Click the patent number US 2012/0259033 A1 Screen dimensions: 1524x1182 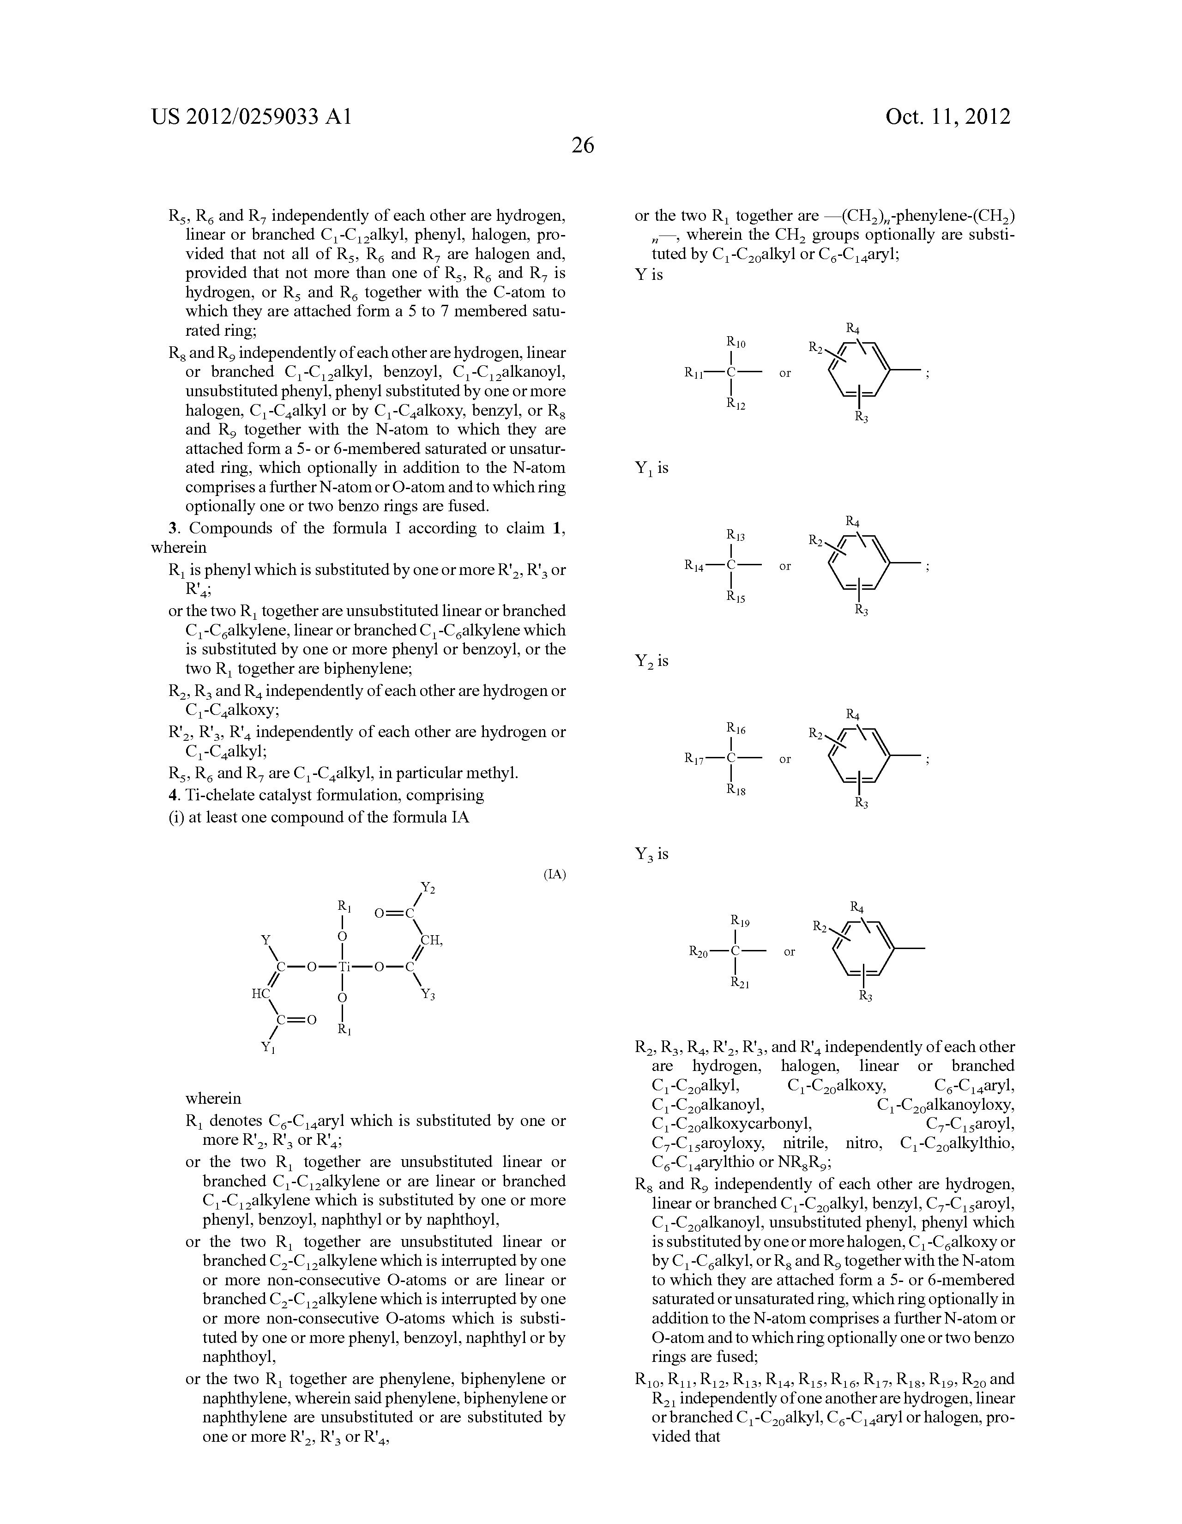coord(251,116)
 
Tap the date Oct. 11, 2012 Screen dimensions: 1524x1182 coord(947,116)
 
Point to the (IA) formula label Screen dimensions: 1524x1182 coord(555,874)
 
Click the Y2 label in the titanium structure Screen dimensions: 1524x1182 coord(428,888)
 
